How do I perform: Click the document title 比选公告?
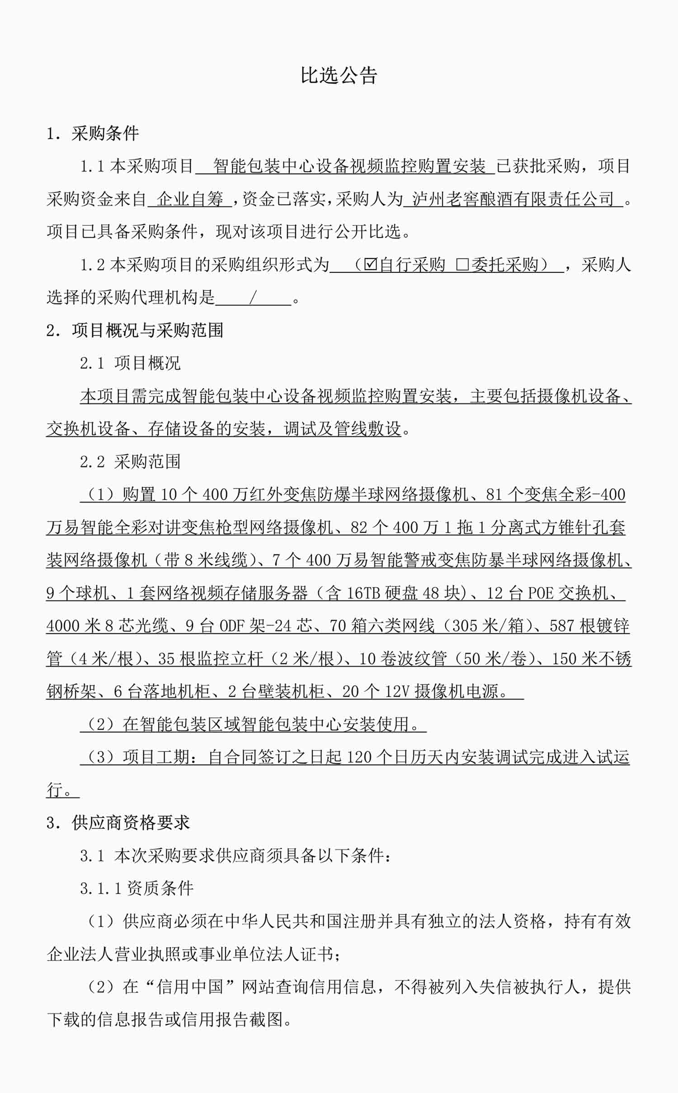point(339,75)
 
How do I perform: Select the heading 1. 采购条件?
point(93,133)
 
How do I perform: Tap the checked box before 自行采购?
point(370,264)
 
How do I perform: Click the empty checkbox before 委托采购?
point(462,264)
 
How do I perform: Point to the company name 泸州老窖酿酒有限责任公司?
point(513,199)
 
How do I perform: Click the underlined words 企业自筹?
point(190,199)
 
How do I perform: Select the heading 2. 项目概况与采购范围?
point(135,330)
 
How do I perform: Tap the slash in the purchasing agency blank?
point(253,297)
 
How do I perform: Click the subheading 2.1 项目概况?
point(130,363)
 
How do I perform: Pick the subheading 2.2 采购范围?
point(130,461)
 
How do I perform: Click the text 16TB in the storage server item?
point(363,593)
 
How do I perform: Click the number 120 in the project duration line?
point(358,757)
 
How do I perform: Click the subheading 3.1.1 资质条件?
point(137,888)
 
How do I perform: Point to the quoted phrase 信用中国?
point(190,986)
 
